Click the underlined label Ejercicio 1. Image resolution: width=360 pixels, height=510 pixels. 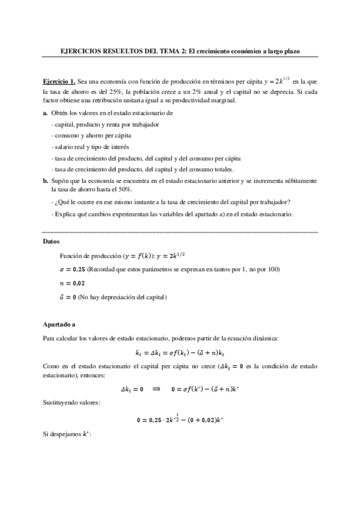[x=59, y=81]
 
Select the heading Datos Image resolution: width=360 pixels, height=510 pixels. [x=52, y=241]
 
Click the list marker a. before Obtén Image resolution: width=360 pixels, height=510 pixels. [x=46, y=114]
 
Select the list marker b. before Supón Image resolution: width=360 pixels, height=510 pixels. [x=46, y=180]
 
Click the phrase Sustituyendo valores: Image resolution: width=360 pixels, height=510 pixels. [x=71, y=401]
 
